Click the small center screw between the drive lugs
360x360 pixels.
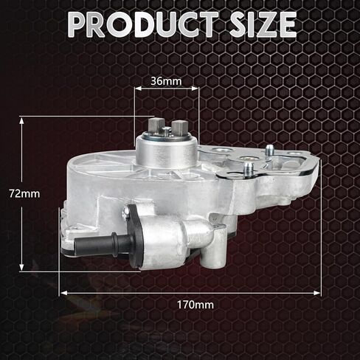[x=167, y=131]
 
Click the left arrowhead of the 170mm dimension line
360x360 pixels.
[x=61, y=292]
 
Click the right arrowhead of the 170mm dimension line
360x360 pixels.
[x=319, y=292]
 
